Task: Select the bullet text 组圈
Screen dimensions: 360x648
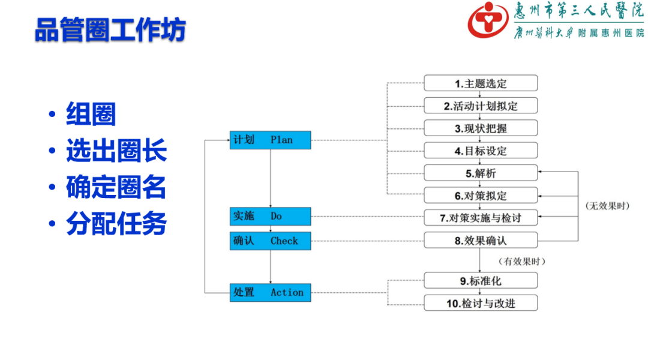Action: point(91,115)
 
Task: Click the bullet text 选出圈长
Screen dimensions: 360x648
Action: point(116,151)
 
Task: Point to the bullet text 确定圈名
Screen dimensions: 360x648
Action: point(116,188)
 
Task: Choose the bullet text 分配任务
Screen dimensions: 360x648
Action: point(116,224)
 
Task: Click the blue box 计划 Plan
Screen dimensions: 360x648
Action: point(270,140)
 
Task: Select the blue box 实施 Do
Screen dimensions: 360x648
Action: point(270,216)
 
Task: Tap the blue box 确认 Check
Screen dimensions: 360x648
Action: point(270,241)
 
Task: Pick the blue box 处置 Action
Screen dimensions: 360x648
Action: point(270,292)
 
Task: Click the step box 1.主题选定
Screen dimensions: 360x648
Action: point(481,83)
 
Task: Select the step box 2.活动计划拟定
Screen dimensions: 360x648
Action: point(481,106)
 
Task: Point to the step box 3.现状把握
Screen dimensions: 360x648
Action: point(481,128)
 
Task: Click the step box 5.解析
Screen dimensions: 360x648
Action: point(481,173)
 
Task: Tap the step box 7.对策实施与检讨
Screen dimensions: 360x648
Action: point(481,218)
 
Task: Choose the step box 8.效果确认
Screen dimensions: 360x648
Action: point(481,241)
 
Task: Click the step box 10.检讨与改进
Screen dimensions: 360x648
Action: point(481,303)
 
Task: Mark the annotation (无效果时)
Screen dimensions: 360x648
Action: point(607,206)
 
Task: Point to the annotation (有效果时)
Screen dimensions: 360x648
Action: point(522,261)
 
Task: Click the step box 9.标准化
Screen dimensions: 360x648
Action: point(481,280)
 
